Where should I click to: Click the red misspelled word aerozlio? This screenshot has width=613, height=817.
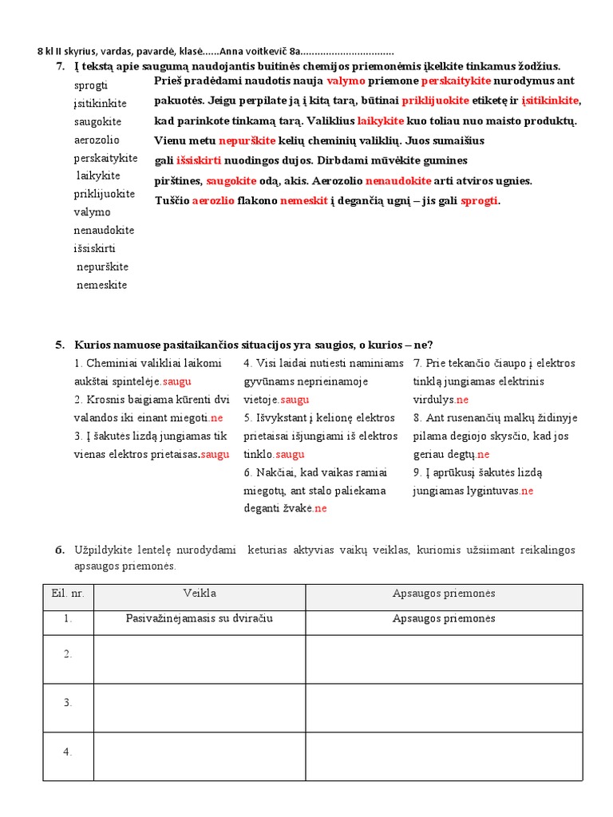click(x=213, y=201)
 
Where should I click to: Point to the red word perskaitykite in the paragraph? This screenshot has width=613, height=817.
click(x=456, y=81)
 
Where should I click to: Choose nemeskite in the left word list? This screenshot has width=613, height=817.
click(x=102, y=286)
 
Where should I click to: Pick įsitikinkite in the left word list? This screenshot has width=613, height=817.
click(x=100, y=104)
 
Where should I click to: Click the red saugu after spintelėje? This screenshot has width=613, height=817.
click(x=177, y=382)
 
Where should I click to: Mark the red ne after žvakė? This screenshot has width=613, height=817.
click(x=320, y=509)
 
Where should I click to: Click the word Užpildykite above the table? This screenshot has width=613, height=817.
click(x=106, y=551)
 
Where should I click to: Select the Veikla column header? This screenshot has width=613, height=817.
click(x=200, y=594)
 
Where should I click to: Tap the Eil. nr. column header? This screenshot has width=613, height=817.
click(x=68, y=594)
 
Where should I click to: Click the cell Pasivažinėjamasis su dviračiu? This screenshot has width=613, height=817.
click(x=200, y=619)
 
